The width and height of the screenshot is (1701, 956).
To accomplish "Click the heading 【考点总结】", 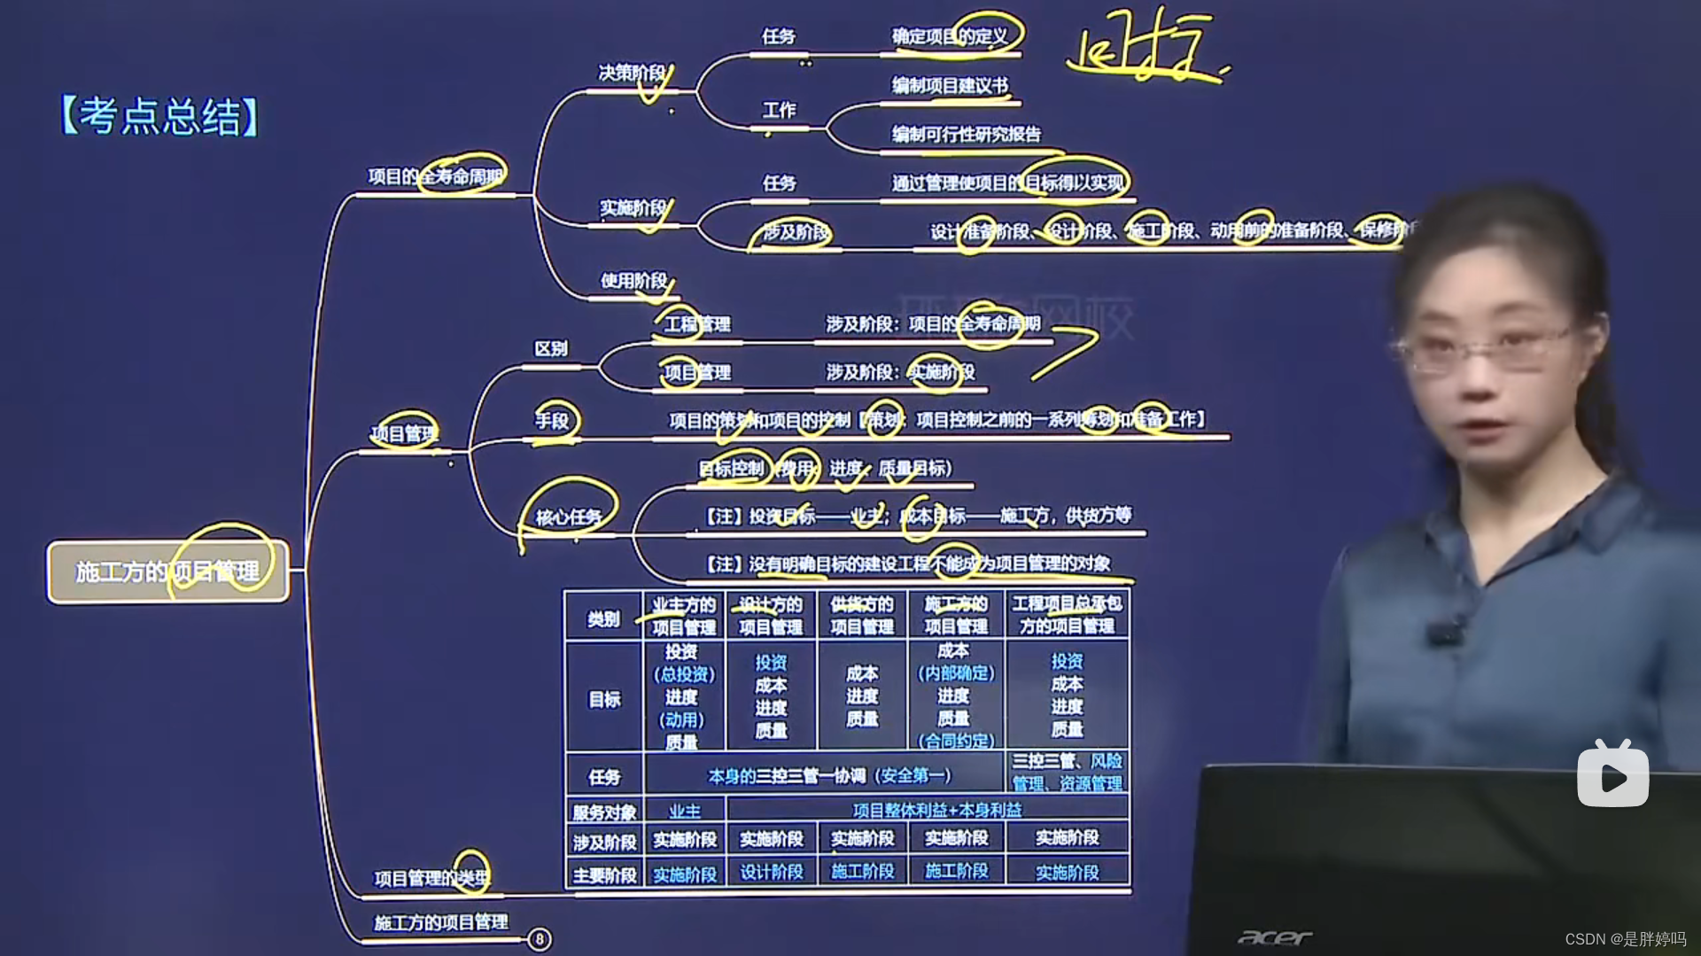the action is (159, 116).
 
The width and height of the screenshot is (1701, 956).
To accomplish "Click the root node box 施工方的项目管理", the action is (168, 571).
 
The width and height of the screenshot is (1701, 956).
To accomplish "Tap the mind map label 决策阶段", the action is (632, 73).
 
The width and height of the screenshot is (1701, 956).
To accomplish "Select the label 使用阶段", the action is (633, 281).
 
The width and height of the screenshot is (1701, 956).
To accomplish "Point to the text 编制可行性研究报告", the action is (966, 134).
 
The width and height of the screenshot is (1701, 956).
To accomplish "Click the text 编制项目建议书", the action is (949, 86).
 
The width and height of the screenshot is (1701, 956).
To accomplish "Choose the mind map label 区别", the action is (550, 348).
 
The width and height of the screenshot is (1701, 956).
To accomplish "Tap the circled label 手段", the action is (552, 421).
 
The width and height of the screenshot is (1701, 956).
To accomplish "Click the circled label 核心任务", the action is (568, 517).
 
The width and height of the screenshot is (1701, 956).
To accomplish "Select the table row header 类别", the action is (603, 618).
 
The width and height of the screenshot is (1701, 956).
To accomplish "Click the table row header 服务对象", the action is (603, 812).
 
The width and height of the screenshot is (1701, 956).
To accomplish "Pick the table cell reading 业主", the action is (684, 811).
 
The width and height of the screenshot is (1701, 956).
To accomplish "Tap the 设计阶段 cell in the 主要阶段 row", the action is (771, 873).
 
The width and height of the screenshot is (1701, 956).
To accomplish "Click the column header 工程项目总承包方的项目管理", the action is (1067, 615).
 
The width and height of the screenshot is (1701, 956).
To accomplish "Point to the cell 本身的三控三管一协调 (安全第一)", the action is (828, 776).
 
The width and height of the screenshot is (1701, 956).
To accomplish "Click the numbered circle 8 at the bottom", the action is (539, 939).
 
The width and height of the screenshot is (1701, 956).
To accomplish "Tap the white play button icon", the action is (1612, 775).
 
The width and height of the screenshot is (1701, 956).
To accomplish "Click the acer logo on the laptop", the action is (1274, 937).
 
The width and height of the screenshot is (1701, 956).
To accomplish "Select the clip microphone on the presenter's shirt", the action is (1442, 633).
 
